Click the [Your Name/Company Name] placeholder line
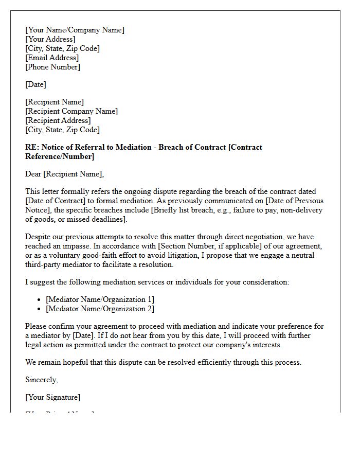(x=75, y=30)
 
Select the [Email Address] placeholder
(x=52, y=58)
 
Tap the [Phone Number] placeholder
(x=52, y=67)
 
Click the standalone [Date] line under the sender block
(x=35, y=84)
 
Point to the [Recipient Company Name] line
(x=71, y=111)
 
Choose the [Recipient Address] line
(x=58, y=120)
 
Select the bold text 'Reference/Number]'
(x=60, y=156)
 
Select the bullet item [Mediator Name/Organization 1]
(x=100, y=299)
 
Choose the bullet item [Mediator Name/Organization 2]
(x=100, y=309)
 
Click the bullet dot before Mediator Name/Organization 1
(x=40, y=299)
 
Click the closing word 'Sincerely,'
(x=41, y=380)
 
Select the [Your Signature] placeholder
(x=52, y=397)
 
